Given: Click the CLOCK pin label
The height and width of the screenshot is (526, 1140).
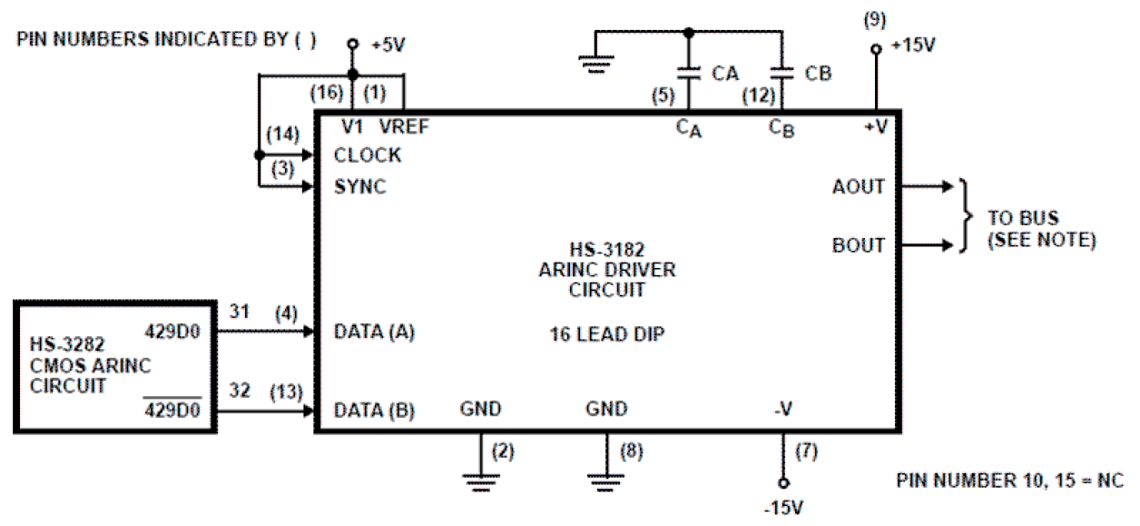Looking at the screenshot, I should [x=367, y=155].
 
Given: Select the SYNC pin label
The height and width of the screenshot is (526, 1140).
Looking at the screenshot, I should [x=359, y=187].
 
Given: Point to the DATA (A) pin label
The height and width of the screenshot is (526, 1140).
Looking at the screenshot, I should [x=374, y=332].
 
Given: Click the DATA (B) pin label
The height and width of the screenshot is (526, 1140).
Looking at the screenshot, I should [x=374, y=411].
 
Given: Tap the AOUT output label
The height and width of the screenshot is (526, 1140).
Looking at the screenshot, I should [x=858, y=186].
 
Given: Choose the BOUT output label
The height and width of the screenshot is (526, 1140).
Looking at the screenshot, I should [x=858, y=245].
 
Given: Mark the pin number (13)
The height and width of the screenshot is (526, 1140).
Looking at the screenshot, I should [x=286, y=392].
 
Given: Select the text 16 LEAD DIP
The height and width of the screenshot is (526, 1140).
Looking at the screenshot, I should [x=606, y=334].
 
